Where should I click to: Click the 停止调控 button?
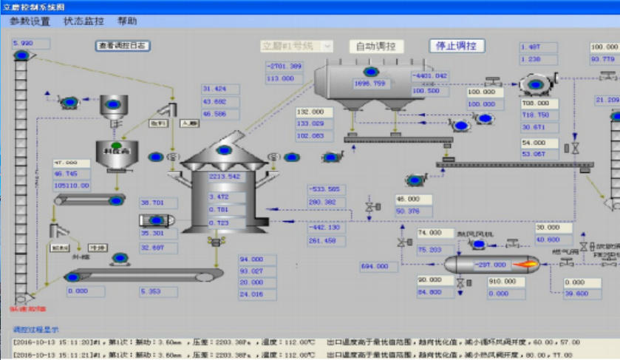pos(457,46)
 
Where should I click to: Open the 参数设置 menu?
pos(30,21)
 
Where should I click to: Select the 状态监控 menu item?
pos(84,21)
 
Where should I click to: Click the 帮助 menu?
pos(127,21)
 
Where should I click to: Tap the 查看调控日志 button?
pos(123,46)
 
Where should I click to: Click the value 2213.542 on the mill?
pos(225,177)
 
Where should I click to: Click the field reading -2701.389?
pos(285,67)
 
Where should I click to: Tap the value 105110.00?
pos(72,186)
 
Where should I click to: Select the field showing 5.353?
pos(160,291)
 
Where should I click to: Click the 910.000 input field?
pos(506,282)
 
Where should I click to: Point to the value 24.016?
pos(256,294)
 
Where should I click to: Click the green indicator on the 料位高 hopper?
pos(116,145)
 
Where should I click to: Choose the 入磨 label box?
pos(190,123)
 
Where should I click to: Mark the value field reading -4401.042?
pos(429,76)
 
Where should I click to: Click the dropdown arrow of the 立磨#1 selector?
pos(327,46)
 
